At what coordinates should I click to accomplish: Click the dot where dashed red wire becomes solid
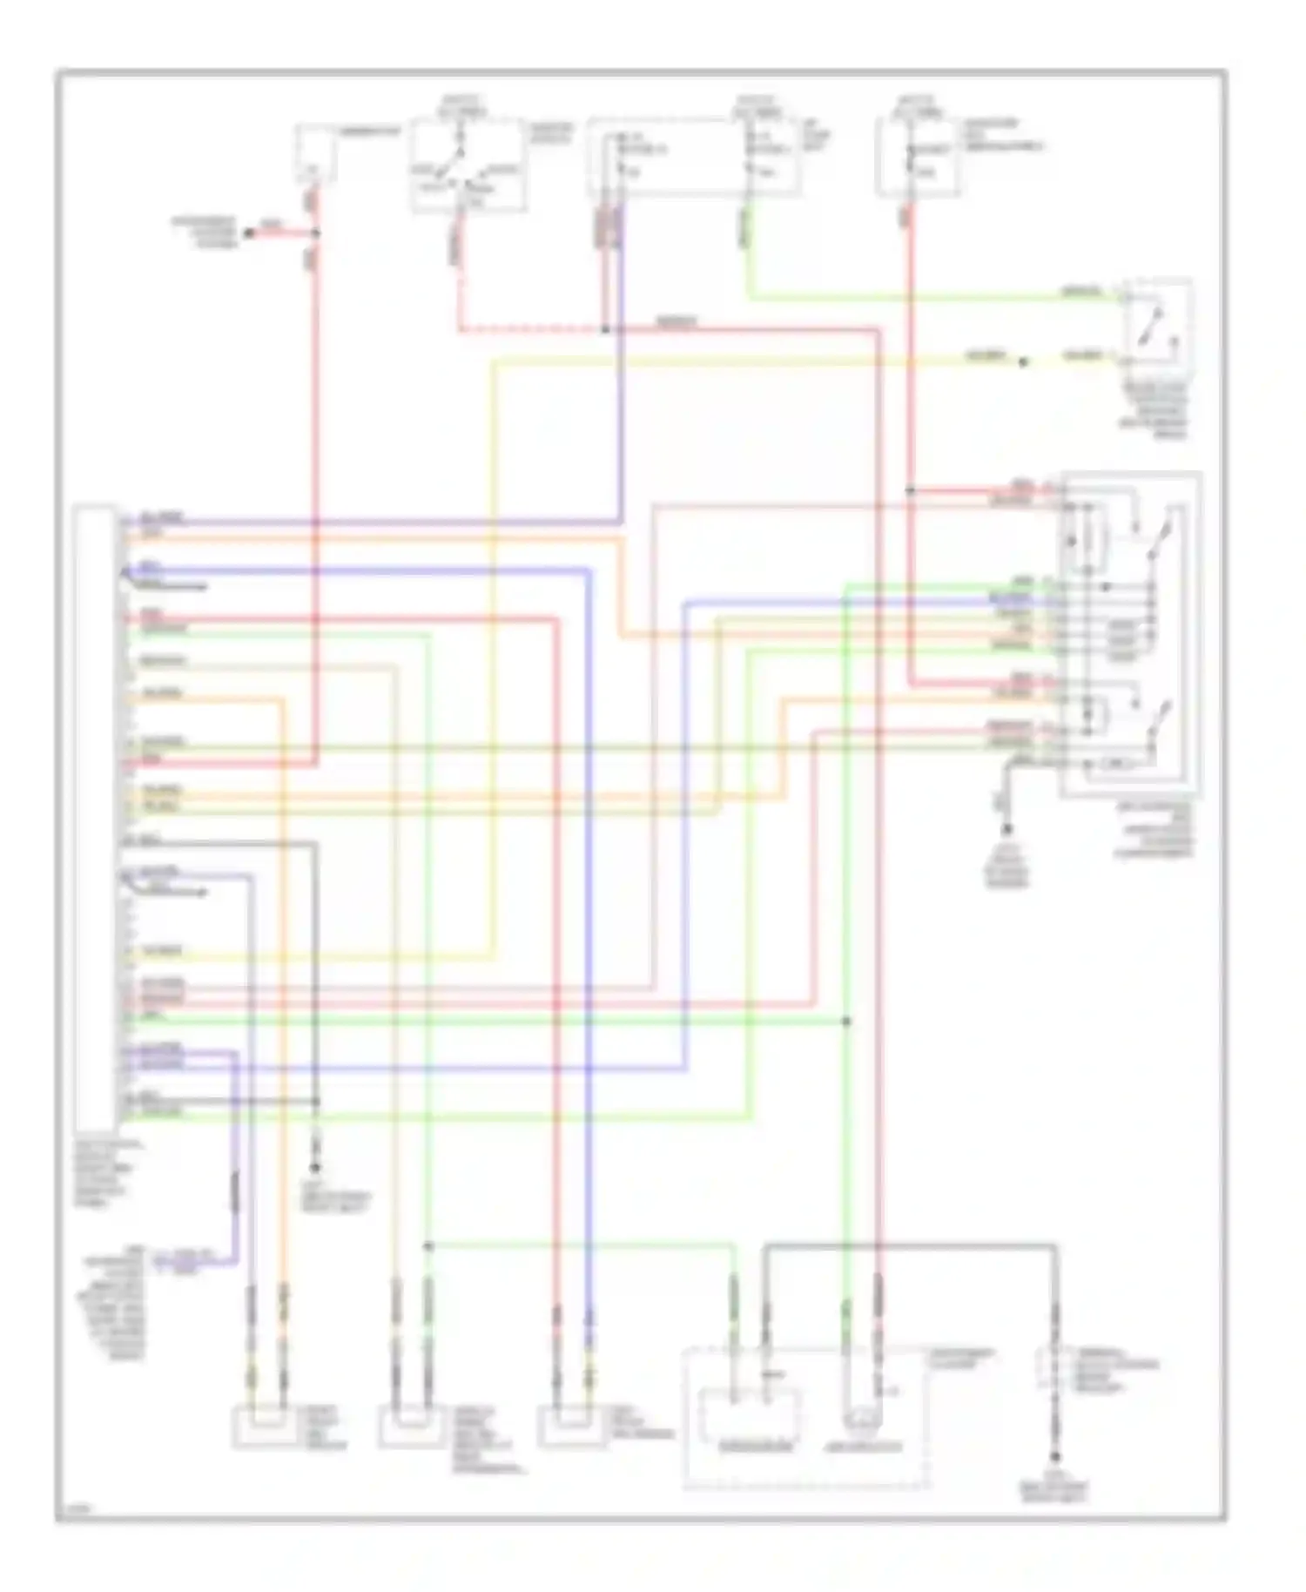click(604, 330)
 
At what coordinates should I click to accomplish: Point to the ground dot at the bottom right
click(1055, 1457)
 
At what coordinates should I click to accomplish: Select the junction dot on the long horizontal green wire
click(846, 1020)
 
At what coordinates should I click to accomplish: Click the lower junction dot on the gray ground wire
click(315, 1102)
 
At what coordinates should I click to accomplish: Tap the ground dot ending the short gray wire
click(315, 1168)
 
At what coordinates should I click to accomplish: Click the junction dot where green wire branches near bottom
click(427, 1246)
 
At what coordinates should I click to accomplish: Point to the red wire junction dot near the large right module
click(910, 491)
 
